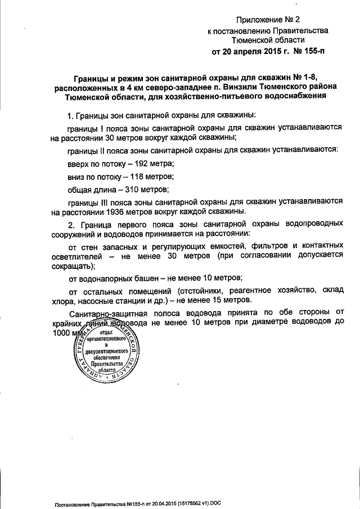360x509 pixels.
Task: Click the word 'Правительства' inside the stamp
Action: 102,363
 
